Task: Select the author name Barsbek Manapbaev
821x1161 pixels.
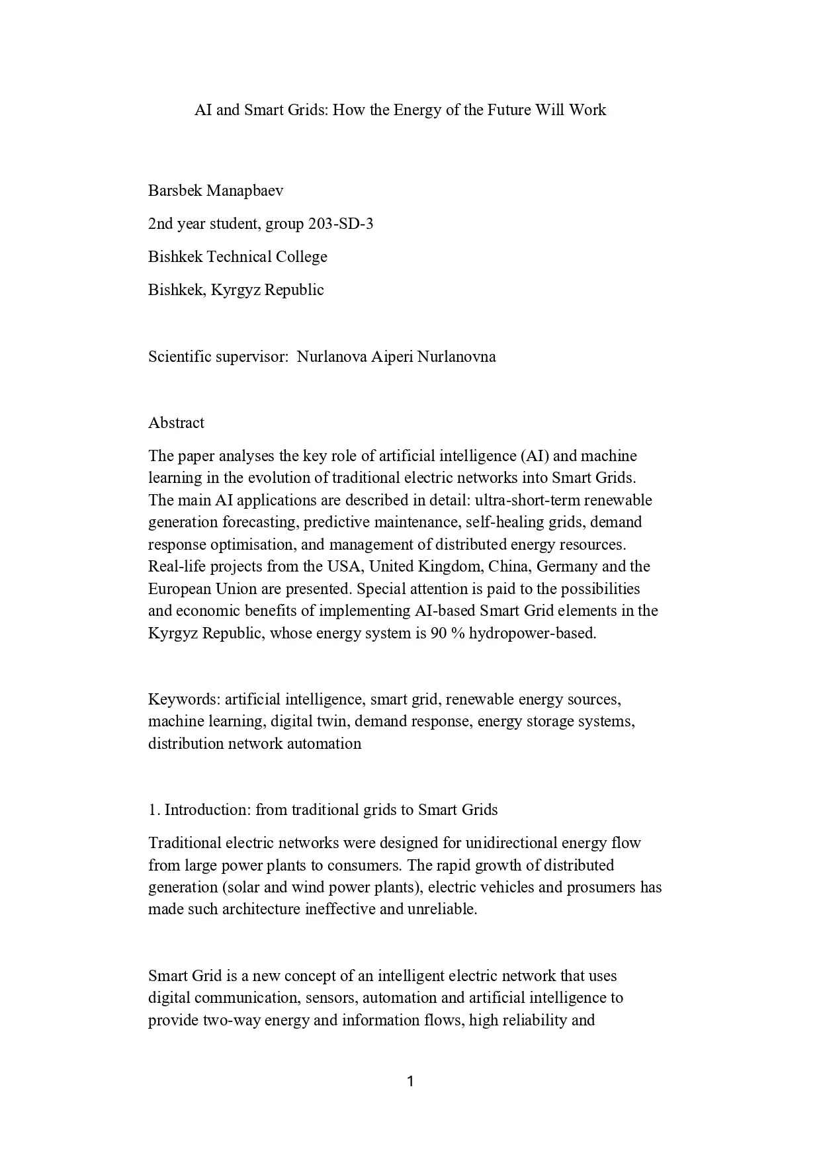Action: point(216,191)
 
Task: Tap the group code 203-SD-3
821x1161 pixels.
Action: point(341,224)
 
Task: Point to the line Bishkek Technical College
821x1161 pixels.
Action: point(238,257)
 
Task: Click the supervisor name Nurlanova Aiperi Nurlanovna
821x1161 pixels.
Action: point(396,357)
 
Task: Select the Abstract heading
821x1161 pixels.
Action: point(176,423)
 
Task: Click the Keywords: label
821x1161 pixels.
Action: point(185,699)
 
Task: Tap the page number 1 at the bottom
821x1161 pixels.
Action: point(410,1082)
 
